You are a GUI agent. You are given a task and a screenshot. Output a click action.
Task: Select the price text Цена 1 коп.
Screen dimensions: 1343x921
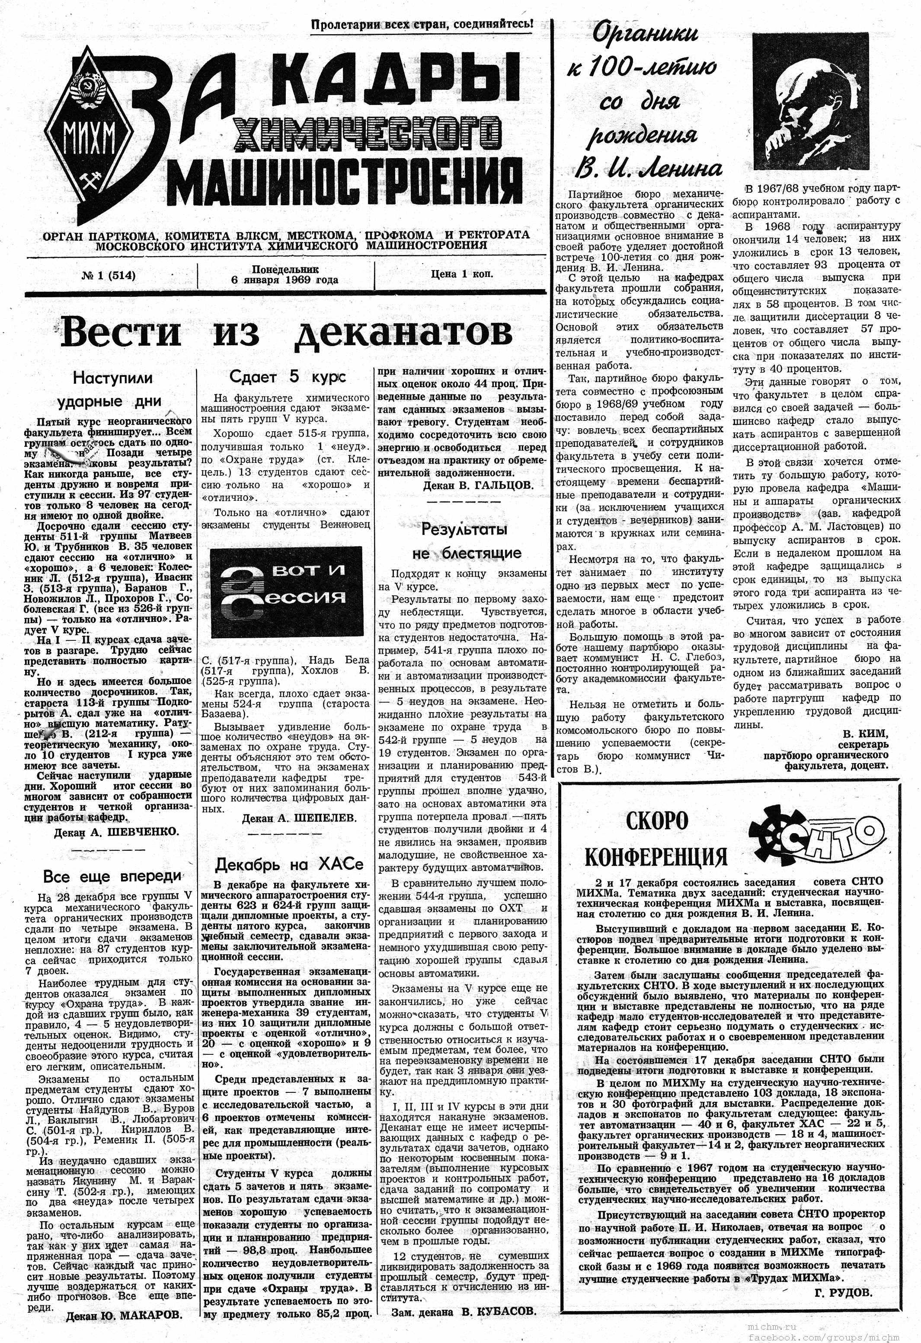tap(461, 274)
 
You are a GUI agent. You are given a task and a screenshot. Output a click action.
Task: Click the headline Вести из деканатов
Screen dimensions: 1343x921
tap(286, 334)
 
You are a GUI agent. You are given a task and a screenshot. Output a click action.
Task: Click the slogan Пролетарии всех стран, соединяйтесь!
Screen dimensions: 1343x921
tap(422, 25)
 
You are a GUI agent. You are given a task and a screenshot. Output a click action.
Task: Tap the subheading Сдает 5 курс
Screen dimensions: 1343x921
tap(288, 377)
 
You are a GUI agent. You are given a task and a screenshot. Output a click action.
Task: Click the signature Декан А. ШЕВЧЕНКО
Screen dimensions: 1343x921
tap(116, 831)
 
